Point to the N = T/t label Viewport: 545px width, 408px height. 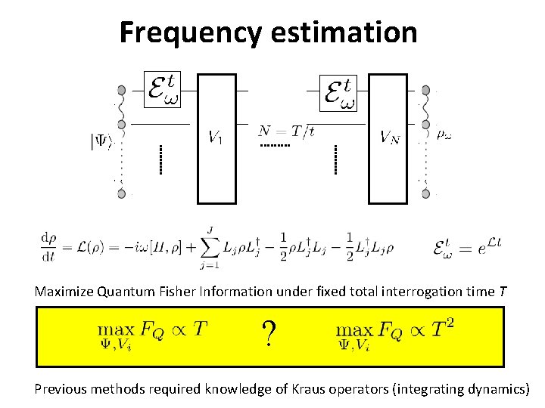coord(286,130)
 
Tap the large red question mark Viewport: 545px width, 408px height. coord(268,333)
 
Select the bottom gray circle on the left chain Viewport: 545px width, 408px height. coord(121,194)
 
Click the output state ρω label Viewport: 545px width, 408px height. coord(446,134)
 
